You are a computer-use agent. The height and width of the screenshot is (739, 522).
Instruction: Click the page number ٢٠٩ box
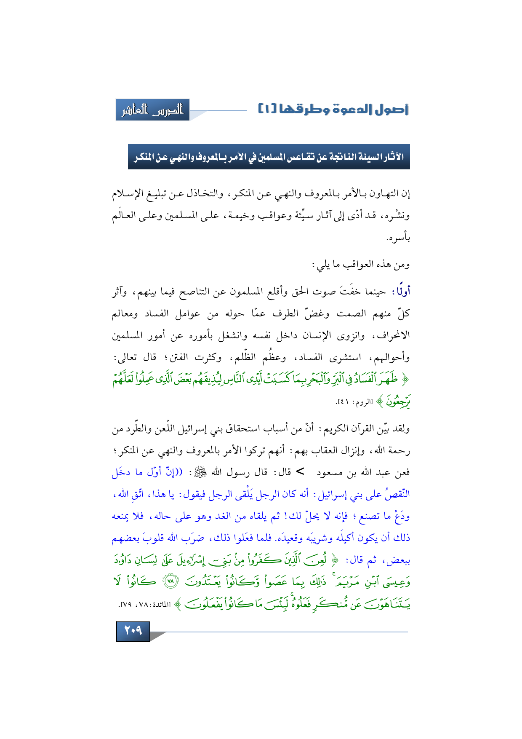[133, 631]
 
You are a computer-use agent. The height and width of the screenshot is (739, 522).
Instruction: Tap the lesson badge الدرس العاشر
[152, 110]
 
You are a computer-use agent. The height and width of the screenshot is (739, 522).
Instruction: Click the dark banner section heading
[269, 157]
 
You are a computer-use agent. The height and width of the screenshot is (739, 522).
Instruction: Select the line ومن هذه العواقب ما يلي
[360, 265]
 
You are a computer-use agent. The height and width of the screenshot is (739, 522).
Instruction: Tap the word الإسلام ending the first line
[129, 194]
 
